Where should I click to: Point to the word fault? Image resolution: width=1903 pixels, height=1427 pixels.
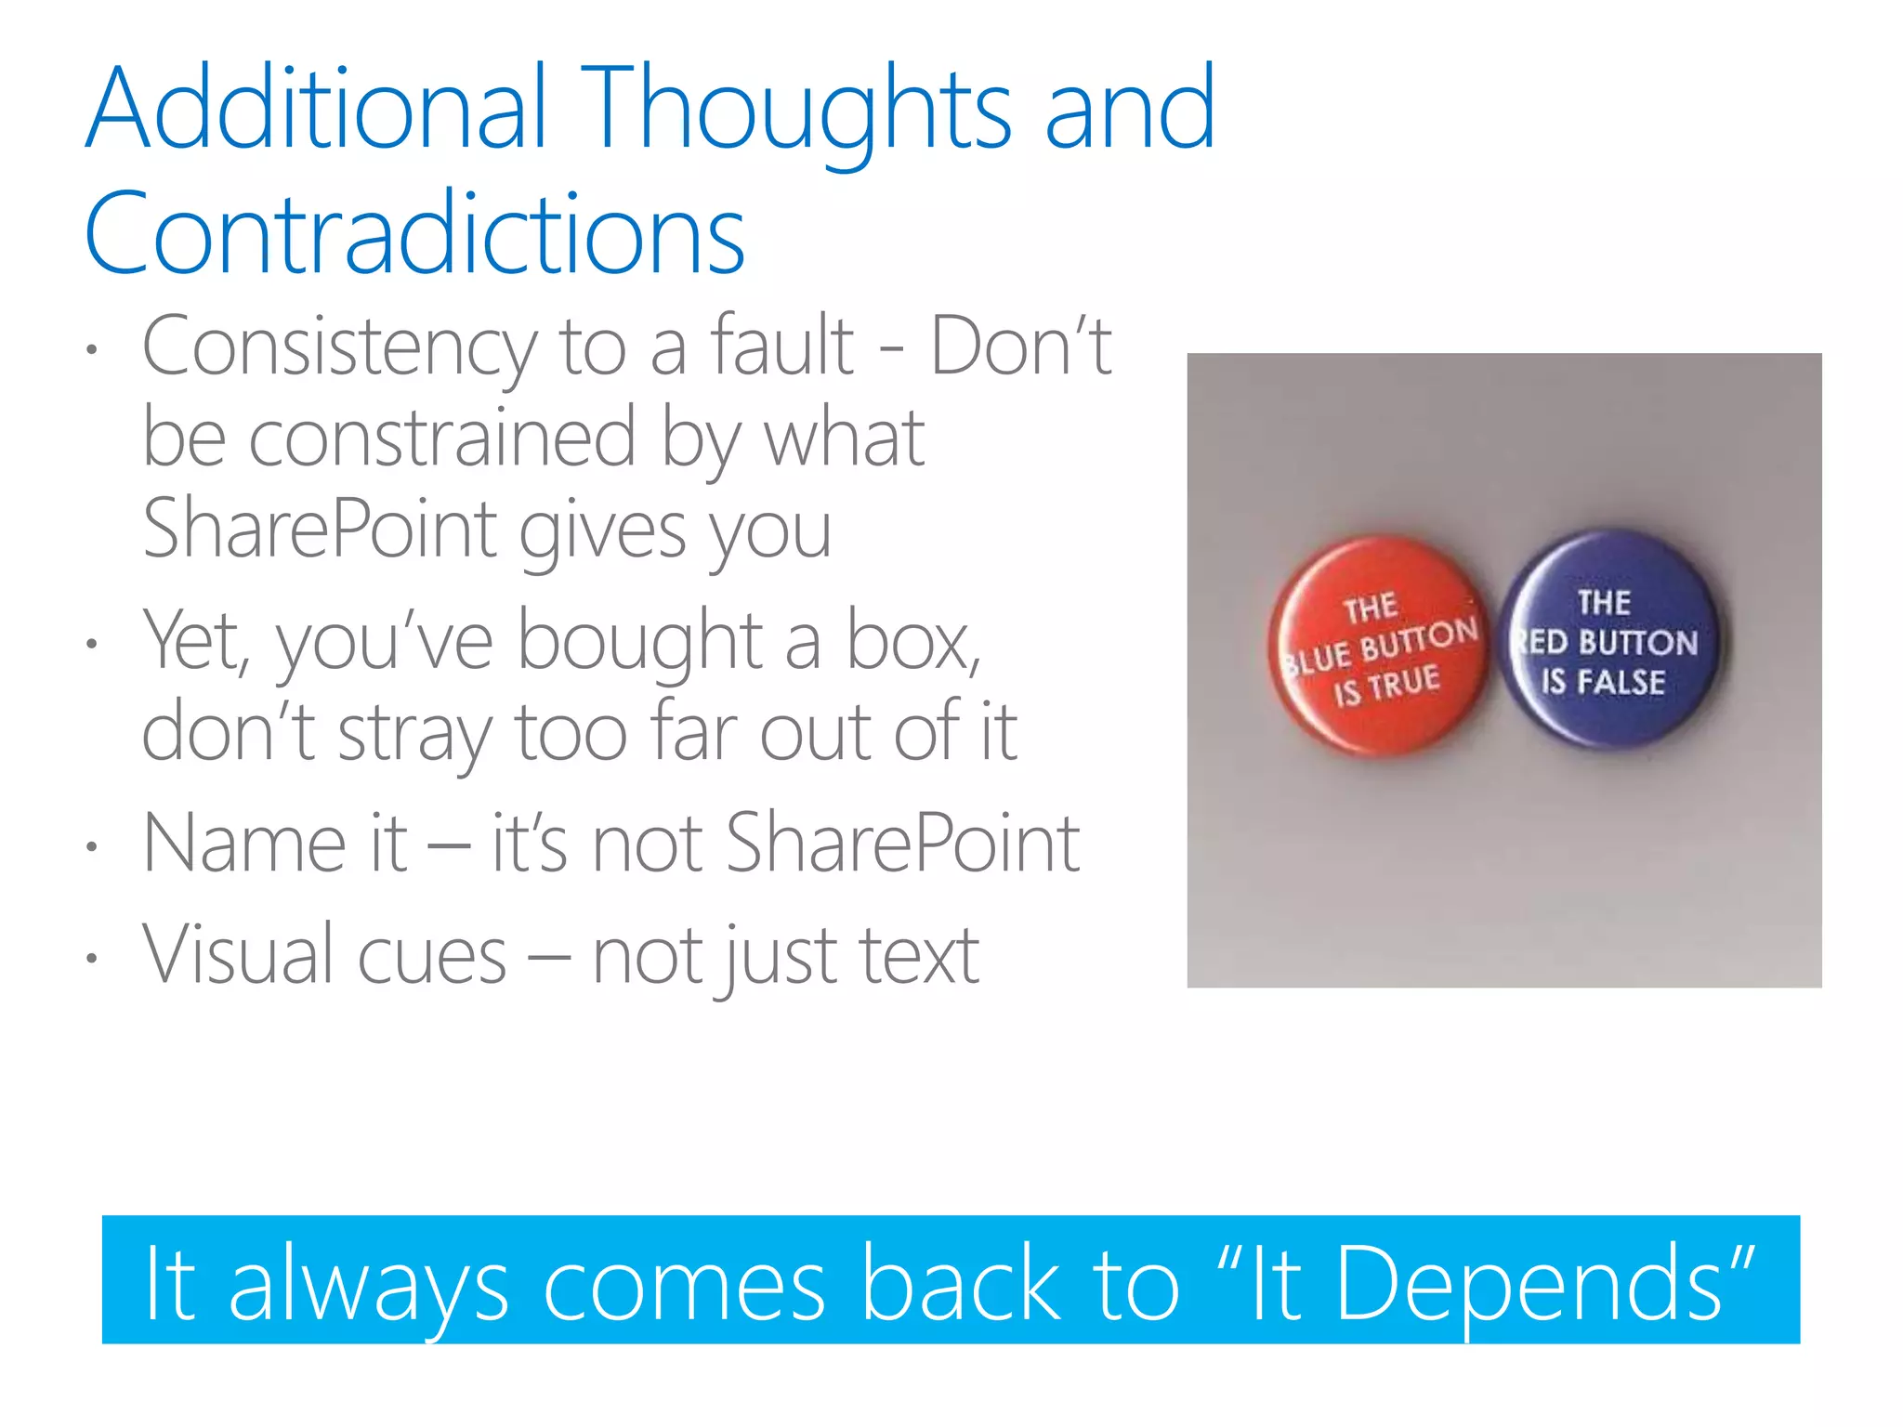click(x=782, y=346)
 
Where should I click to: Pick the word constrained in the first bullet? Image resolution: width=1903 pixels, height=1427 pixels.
click(x=442, y=439)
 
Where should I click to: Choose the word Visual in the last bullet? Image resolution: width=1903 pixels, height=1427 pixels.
click(x=238, y=955)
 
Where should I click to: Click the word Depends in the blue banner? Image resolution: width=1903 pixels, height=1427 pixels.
click(x=1529, y=1284)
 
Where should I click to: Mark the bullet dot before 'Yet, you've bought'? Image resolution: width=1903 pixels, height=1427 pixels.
click(x=91, y=644)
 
